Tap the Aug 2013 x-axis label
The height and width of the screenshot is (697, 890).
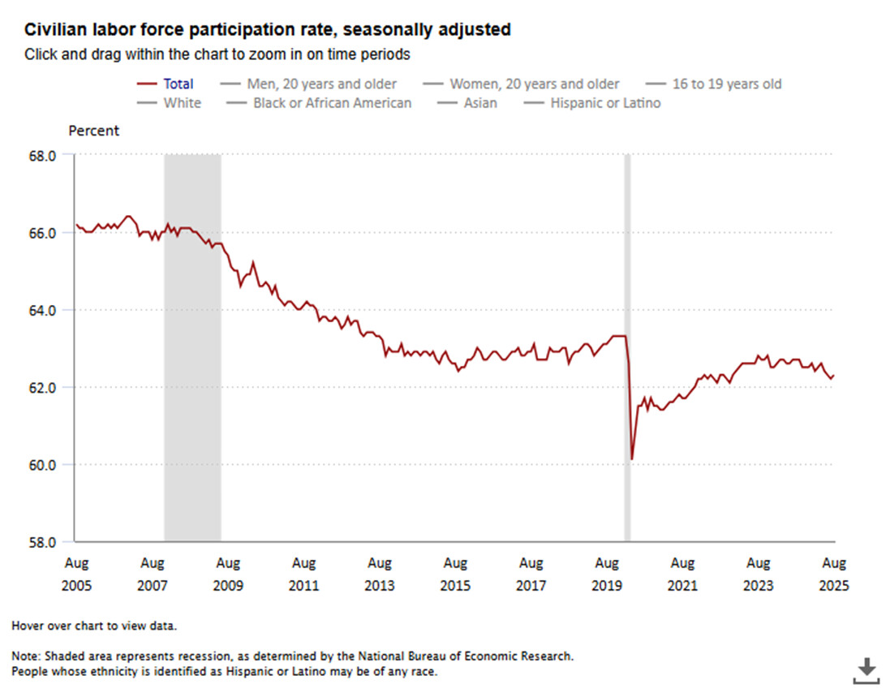(379, 574)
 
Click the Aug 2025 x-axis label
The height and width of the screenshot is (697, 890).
(834, 574)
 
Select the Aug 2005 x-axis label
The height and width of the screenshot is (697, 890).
(76, 574)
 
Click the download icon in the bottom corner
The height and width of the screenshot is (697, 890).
(866, 670)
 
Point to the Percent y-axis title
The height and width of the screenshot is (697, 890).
(93, 131)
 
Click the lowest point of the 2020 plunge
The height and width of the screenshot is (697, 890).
(631, 459)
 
